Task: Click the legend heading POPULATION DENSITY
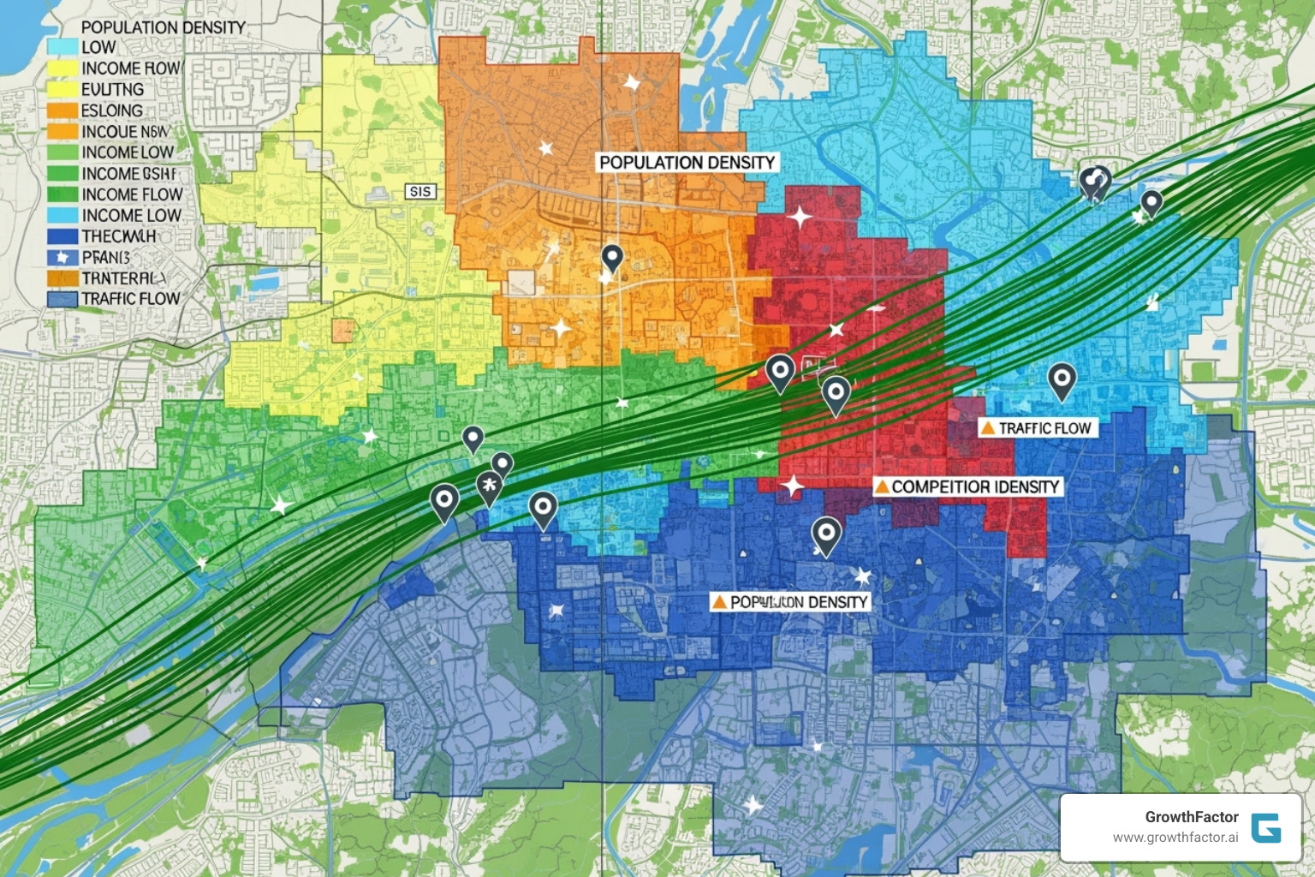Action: pos(163,27)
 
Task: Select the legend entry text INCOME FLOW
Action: pos(132,194)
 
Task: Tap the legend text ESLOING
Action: pos(112,110)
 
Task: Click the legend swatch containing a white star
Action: pos(62,257)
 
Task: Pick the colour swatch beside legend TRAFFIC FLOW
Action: pos(62,299)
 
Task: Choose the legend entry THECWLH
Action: pos(119,236)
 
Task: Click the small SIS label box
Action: pos(420,192)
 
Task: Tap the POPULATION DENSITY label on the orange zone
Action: pos(687,163)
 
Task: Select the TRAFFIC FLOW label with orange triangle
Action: pos(1038,428)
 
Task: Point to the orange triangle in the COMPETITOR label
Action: pos(881,487)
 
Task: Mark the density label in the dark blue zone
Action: pos(790,602)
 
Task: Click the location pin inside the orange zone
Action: pos(611,256)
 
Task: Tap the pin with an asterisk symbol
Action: pos(489,485)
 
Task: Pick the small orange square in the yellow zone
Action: pos(343,331)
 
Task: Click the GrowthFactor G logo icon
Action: pos(1265,828)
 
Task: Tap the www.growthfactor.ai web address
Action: pos(1175,838)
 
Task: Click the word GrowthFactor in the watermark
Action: pos(1192,817)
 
